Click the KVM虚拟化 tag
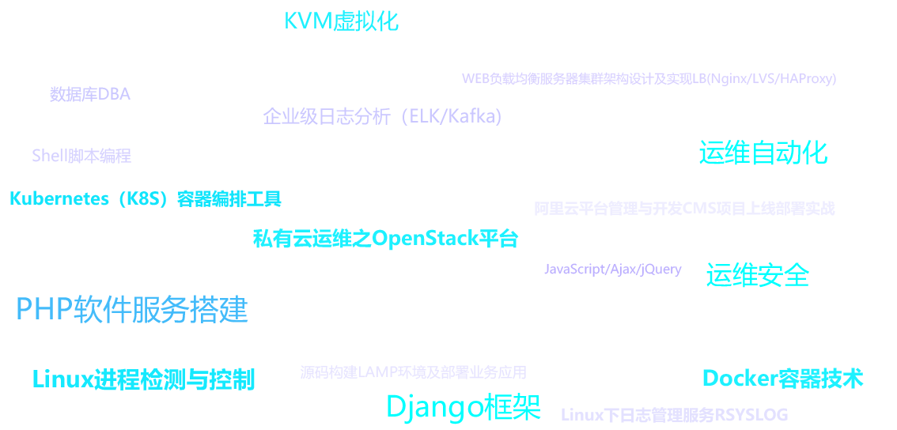click(x=341, y=21)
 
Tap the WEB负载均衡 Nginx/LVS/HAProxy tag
click(x=649, y=78)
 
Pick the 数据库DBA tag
click(x=90, y=94)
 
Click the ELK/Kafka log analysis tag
click(x=382, y=117)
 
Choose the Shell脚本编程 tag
click(x=81, y=156)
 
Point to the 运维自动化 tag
click(x=763, y=153)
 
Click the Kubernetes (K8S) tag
click(x=146, y=199)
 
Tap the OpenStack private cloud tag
click(x=385, y=239)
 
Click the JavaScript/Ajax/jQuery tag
click(x=613, y=270)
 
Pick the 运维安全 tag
click(x=758, y=275)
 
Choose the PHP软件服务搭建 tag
click(x=132, y=310)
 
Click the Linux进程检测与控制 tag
click(x=143, y=379)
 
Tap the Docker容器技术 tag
click(x=782, y=379)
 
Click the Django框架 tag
click(x=463, y=407)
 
